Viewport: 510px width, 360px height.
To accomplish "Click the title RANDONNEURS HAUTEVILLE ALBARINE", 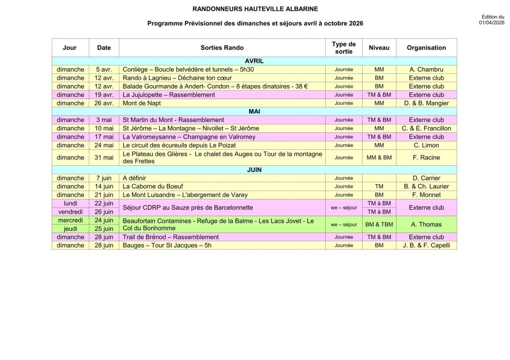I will click(255, 9).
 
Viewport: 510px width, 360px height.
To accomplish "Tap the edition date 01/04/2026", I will click(492, 23).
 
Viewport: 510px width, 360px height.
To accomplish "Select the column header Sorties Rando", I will click(222, 48).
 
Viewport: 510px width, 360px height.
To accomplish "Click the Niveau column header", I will click(379, 48).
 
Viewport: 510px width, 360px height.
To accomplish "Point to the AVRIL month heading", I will click(255, 61).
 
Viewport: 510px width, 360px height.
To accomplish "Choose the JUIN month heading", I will click(255, 170).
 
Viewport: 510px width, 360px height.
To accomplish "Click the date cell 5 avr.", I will click(104, 70).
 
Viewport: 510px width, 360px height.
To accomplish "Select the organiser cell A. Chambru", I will click(426, 70).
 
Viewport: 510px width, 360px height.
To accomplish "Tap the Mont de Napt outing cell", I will click(142, 103).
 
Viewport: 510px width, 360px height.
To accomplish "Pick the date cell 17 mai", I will click(104, 137).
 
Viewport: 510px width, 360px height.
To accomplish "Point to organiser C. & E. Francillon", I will click(426, 128).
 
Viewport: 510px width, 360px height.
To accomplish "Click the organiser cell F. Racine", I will click(426, 157).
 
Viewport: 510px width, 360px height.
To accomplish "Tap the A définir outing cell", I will click(134, 178).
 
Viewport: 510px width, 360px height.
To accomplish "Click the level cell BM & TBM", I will click(379, 225).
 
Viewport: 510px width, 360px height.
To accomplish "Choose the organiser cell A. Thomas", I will click(426, 225).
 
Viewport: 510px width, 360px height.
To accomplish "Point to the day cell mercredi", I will click(70, 220).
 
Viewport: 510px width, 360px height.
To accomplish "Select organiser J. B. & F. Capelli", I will click(426, 245).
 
